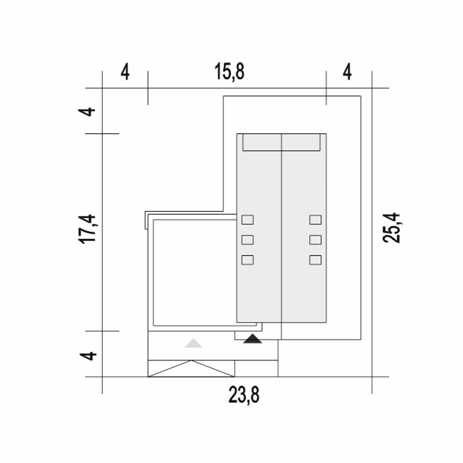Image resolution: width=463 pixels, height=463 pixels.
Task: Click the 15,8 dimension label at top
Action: [229, 71]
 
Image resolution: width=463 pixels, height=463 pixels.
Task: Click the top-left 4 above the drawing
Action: [125, 72]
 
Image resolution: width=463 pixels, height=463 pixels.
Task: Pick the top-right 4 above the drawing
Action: [347, 72]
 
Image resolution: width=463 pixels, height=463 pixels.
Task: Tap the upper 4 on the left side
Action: [86, 112]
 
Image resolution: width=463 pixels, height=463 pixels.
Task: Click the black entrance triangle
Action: [252, 339]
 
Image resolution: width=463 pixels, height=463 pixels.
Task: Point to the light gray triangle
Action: [194, 343]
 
